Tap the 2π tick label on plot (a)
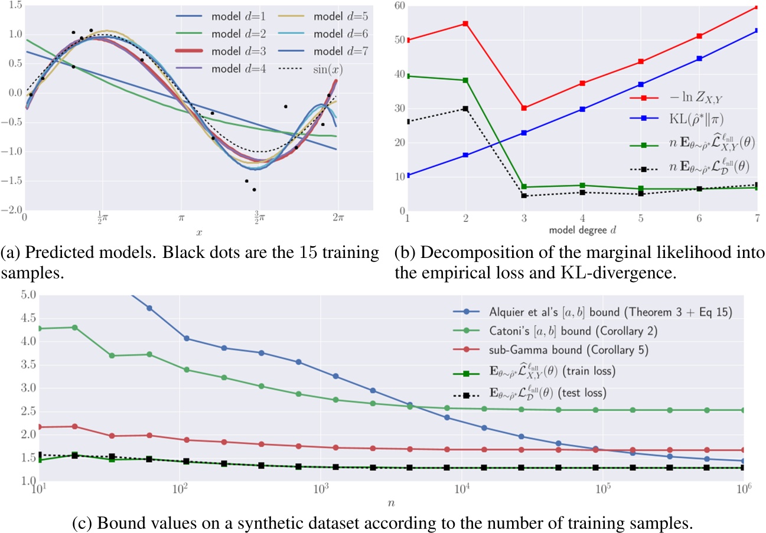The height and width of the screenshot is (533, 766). click(338, 218)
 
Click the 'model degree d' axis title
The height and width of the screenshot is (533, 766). click(582, 230)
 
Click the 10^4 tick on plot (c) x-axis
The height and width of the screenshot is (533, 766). click(461, 489)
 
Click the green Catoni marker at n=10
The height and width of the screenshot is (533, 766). click(38, 328)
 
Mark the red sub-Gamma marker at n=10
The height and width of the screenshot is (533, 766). click(38, 427)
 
